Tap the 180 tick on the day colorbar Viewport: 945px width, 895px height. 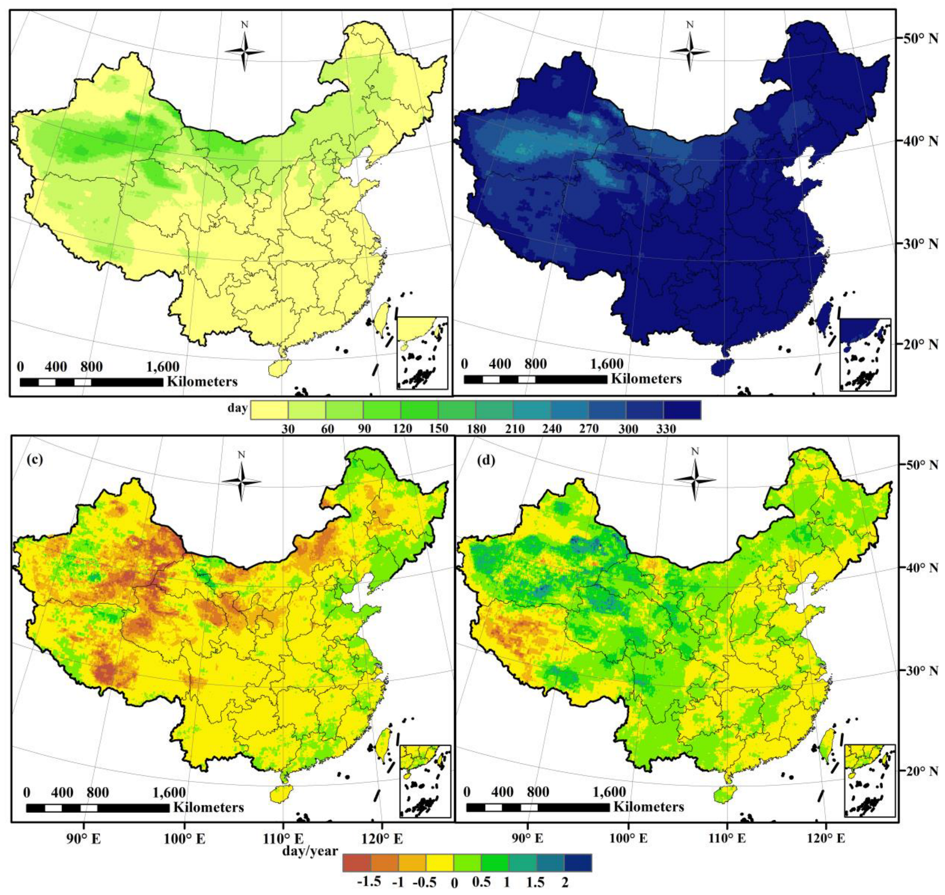477,429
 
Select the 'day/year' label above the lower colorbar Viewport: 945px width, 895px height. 310,850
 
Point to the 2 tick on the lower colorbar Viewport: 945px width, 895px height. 565,882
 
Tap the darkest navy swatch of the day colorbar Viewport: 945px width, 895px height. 682,410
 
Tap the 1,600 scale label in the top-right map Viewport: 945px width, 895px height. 607,364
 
